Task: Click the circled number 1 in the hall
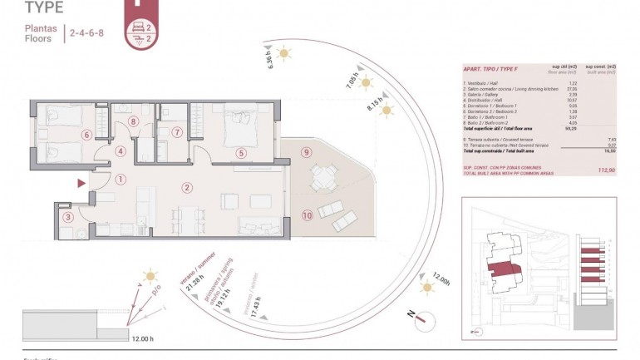121,178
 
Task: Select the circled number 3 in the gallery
68,218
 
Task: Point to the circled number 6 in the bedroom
85,134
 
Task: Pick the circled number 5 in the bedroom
240,153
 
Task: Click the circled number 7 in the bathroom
176,132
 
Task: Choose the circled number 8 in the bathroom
134,122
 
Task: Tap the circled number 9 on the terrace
307,152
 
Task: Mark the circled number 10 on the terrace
307,215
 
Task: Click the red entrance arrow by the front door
81,182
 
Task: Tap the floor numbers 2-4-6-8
87,34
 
